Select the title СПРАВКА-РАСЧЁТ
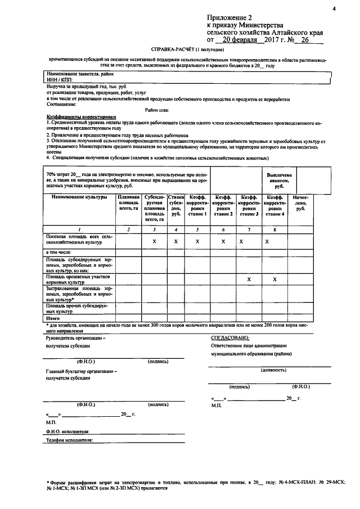tap(176, 50)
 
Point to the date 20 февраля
tap(240, 40)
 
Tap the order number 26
tap(305, 40)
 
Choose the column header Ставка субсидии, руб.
tap(176, 205)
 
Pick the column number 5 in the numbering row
tap(197, 229)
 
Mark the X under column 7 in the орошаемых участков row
tap(248, 279)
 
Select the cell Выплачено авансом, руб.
tap(279, 180)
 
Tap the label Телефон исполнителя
tap(69, 442)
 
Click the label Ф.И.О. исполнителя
tap(68, 432)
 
